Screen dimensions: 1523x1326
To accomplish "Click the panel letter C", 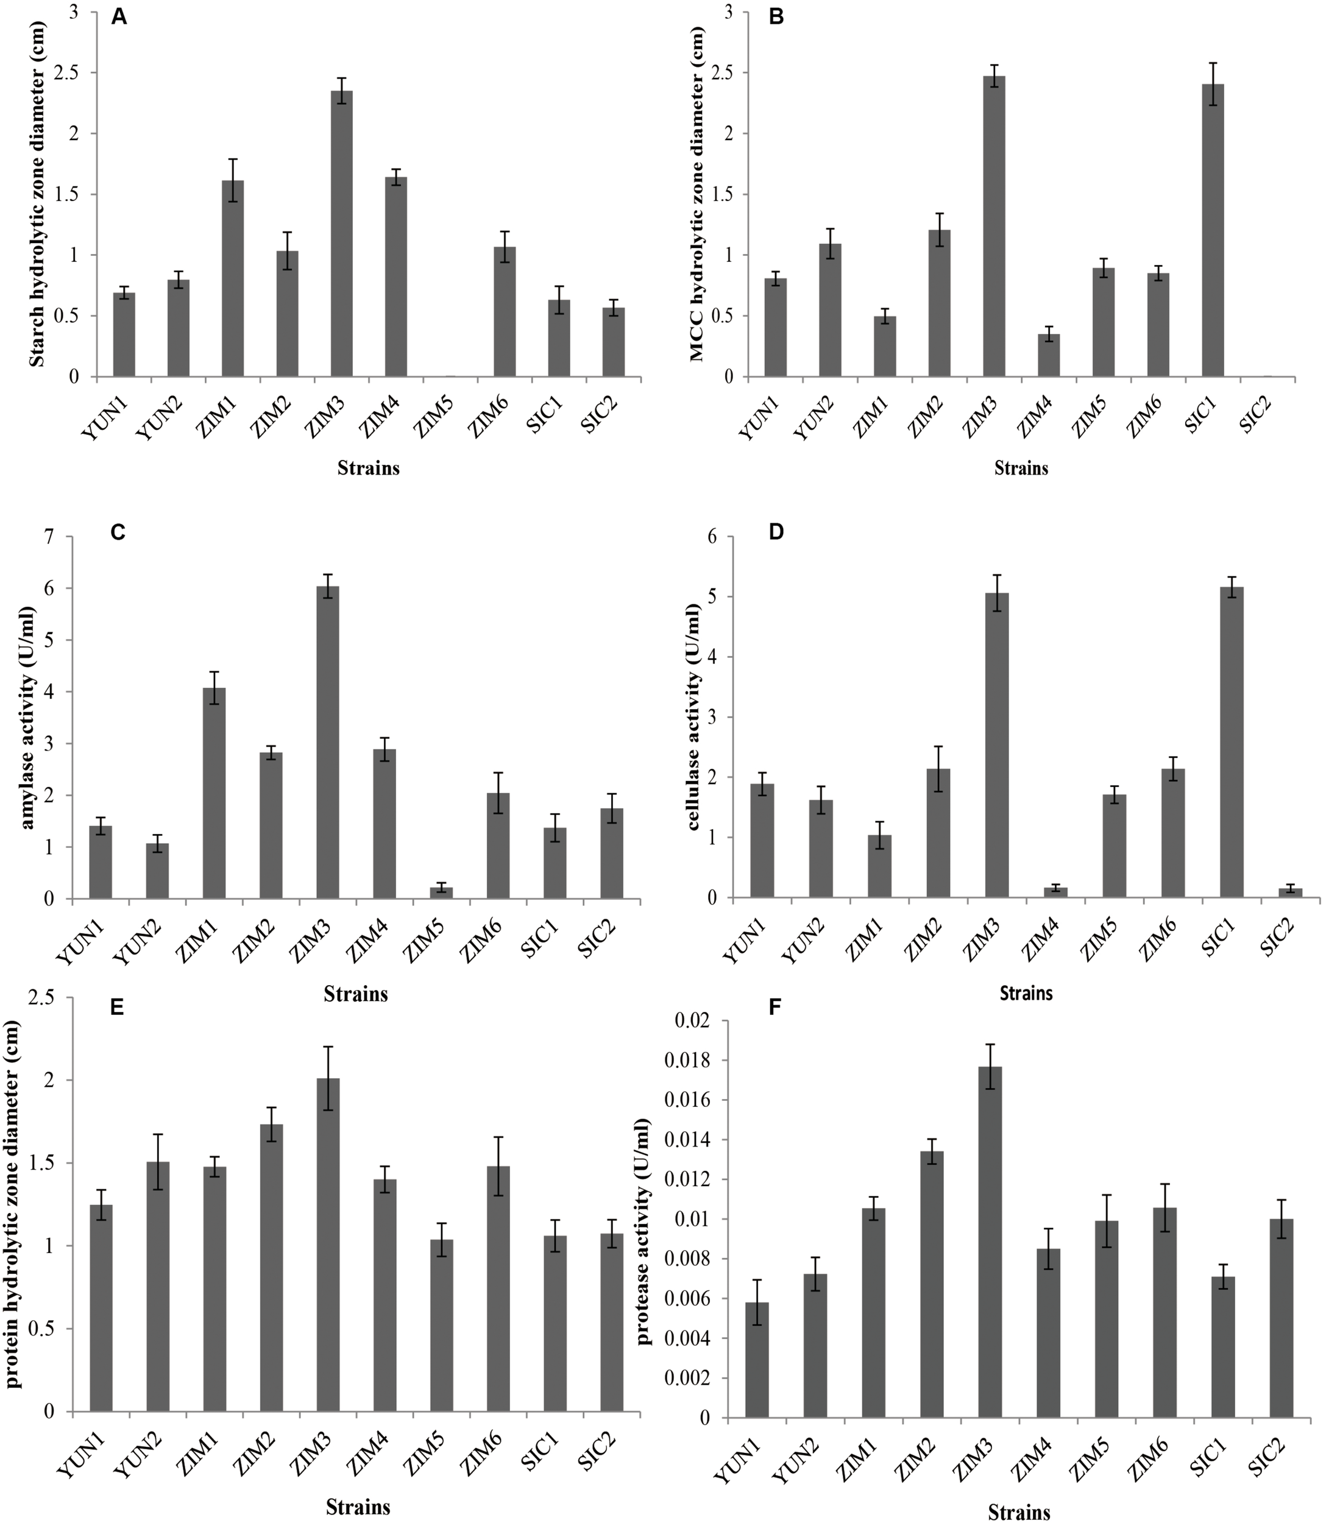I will [118, 533].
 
